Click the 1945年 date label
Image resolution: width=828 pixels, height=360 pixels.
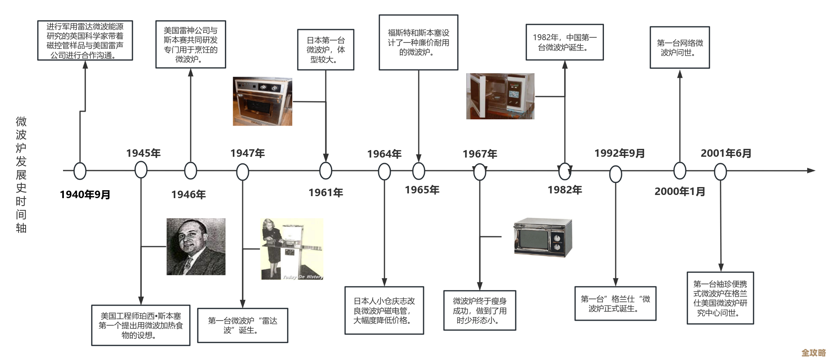point(143,153)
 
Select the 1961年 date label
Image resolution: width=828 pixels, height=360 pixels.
point(326,193)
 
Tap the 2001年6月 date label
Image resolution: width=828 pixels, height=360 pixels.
point(726,153)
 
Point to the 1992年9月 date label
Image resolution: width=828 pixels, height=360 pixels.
point(619,153)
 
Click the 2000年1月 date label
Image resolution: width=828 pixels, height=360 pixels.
point(679,191)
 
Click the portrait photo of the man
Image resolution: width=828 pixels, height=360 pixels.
point(196,247)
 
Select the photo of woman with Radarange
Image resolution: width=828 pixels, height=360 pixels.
point(291,249)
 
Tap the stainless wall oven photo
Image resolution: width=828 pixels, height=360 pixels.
point(262,101)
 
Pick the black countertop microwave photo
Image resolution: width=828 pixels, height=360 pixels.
point(542,236)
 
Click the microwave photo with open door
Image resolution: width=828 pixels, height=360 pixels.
point(500,96)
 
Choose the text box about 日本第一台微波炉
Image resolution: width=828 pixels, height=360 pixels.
point(325,50)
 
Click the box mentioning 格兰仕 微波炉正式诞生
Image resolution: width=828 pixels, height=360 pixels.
point(615,304)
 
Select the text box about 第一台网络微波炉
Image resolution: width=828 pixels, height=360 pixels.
point(679,48)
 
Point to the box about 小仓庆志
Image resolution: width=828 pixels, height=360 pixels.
point(384,310)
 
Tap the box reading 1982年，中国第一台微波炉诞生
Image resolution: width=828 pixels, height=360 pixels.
point(564,42)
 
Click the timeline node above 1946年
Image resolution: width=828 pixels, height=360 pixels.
point(191,171)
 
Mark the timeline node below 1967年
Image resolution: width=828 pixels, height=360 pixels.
point(479,172)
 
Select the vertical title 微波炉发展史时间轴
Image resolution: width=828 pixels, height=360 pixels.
point(21,174)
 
